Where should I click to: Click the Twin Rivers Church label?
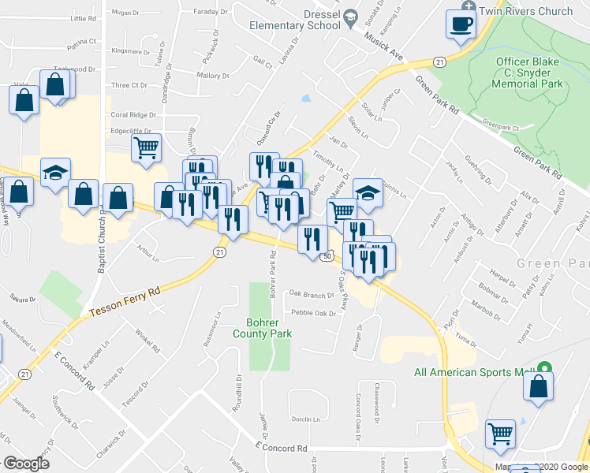(x=528, y=11)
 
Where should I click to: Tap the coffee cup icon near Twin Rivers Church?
(x=458, y=24)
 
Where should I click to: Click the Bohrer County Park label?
(x=263, y=328)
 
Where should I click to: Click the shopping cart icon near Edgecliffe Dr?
(x=147, y=146)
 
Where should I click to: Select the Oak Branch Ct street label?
(x=312, y=295)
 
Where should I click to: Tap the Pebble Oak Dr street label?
(x=314, y=313)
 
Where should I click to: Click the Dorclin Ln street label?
(x=305, y=419)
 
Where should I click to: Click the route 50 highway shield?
(x=326, y=255)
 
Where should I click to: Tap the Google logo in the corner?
(x=25, y=464)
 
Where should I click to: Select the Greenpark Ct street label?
(x=501, y=125)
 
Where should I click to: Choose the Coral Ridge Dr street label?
(x=133, y=114)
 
